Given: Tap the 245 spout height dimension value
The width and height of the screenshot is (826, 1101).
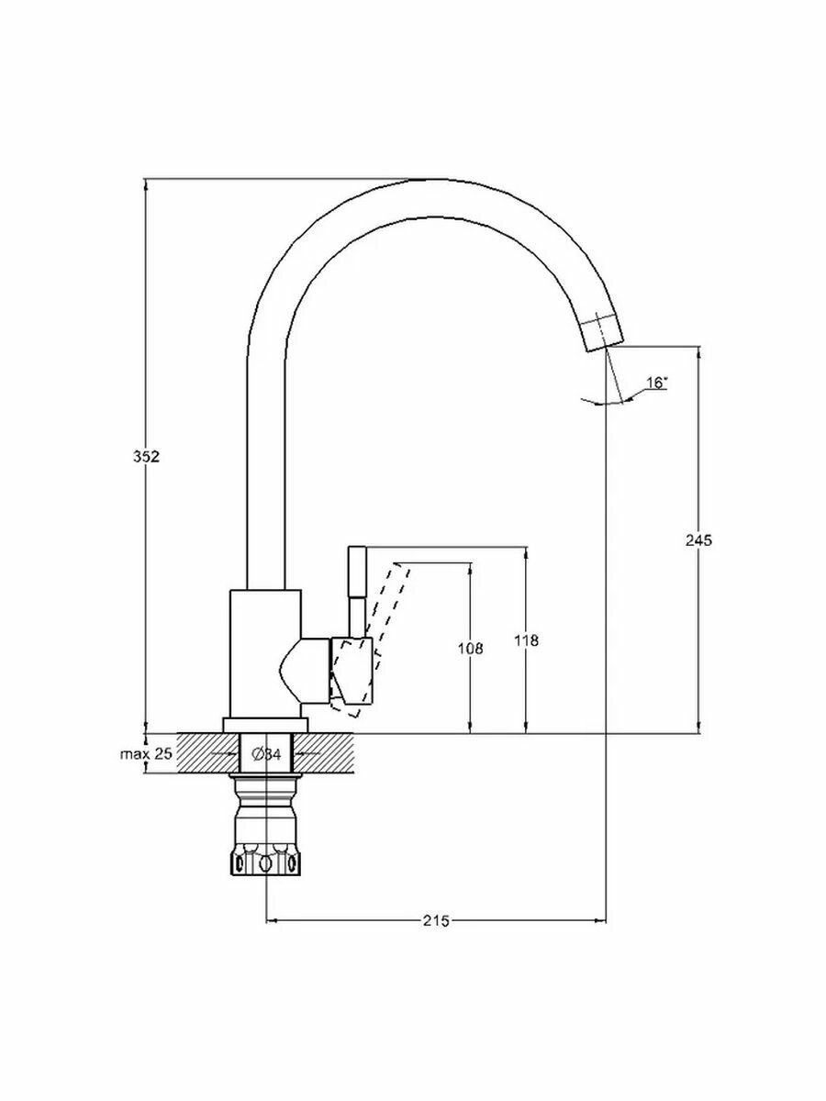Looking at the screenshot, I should (x=700, y=540).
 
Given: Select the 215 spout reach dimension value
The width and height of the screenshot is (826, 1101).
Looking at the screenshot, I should (x=436, y=920).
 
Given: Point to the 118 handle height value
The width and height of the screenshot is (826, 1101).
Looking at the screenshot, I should (x=527, y=640).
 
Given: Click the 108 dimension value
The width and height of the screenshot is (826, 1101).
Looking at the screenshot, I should (x=470, y=648).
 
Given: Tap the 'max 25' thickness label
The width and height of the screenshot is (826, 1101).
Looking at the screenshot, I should (x=146, y=754).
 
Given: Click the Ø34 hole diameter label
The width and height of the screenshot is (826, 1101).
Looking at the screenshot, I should (x=266, y=754).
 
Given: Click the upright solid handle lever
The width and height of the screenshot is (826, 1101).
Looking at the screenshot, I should (x=356, y=578).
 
